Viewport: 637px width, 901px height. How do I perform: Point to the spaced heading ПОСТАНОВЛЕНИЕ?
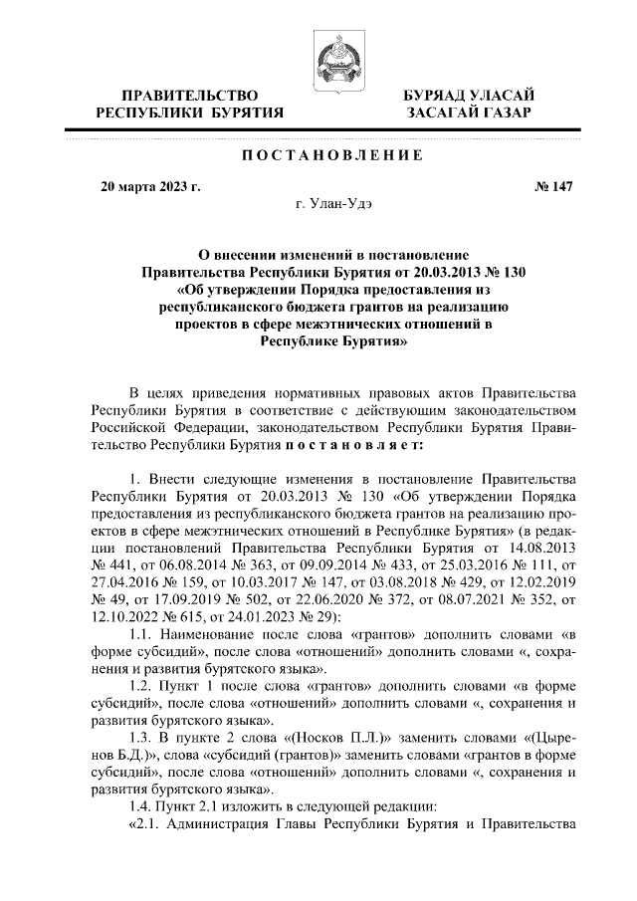click(332, 156)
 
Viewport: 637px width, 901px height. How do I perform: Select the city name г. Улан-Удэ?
click(332, 203)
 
